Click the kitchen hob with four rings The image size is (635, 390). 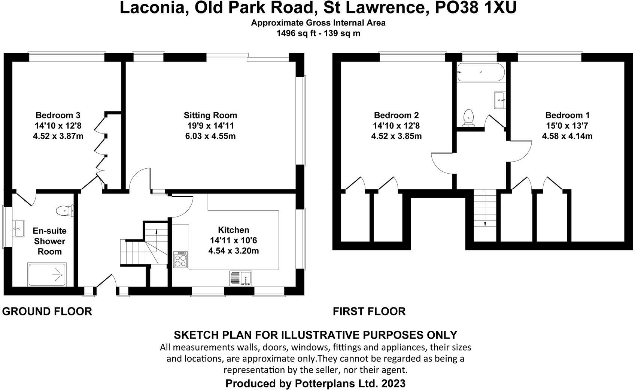pyautogui.click(x=180, y=259)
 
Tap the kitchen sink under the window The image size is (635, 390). pyautogui.click(x=241, y=279)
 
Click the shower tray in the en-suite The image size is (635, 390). pyautogui.click(x=47, y=275)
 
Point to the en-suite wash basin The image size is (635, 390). pyautogui.click(x=18, y=228)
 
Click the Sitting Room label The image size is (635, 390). pyautogui.click(x=210, y=115)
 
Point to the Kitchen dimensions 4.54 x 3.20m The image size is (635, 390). pyautogui.click(x=233, y=250)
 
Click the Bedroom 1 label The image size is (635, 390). pyautogui.click(x=567, y=115)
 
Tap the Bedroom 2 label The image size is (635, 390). pyautogui.click(x=396, y=115)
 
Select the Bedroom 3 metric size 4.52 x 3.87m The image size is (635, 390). pyautogui.click(x=58, y=136)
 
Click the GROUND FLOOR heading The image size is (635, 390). pyautogui.click(x=47, y=311)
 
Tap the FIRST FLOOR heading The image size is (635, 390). pyautogui.click(x=369, y=311)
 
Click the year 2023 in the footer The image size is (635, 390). pyautogui.click(x=393, y=384)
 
